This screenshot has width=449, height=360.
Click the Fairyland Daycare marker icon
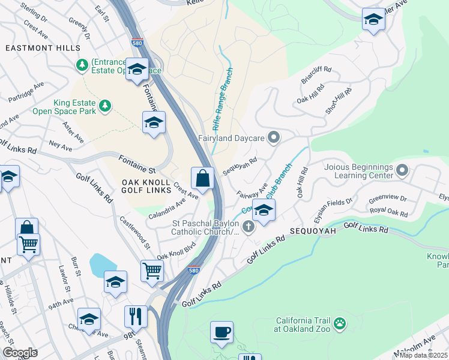(x=274, y=139)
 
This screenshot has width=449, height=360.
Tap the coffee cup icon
(x=221, y=332)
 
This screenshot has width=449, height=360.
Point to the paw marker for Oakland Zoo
(x=340, y=324)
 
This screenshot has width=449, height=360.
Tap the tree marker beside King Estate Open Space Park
(x=106, y=106)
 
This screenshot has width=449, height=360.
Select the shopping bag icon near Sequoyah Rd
(x=202, y=178)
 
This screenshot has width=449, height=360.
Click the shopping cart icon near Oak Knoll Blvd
(x=152, y=271)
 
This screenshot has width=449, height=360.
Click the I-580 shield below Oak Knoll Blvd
(x=193, y=270)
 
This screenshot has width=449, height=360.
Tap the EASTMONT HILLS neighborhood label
(x=42, y=47)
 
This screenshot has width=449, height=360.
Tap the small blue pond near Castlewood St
(x=103, y=263)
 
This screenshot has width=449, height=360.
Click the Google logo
(x=20, y=353)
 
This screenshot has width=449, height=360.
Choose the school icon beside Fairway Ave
(x=264, y=210)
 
